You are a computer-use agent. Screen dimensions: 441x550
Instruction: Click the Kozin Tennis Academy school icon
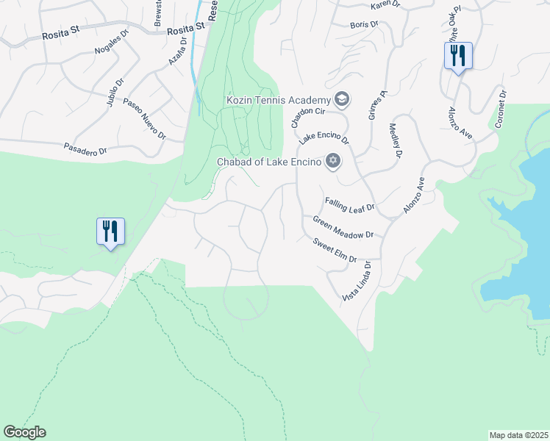(341, 98)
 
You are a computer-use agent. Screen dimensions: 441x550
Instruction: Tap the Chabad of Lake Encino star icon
(332, 161)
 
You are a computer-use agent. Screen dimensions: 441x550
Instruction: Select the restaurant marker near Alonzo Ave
(458, 56)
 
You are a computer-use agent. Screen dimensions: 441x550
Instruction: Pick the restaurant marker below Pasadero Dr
(110, 232)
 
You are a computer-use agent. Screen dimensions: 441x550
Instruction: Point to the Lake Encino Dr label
(324, 137)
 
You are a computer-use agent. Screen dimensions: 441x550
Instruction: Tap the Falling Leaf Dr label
(350, 205)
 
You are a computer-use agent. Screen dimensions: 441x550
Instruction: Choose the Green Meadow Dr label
(343, 227)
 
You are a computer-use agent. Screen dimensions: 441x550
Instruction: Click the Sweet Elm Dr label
(335, 251)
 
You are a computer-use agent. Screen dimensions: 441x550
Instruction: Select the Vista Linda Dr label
(356, 282)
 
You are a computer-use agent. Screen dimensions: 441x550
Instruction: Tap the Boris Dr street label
(364, 24)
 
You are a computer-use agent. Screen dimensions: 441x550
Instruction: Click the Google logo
(24, 432)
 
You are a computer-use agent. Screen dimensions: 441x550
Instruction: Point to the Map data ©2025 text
(518, 435)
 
